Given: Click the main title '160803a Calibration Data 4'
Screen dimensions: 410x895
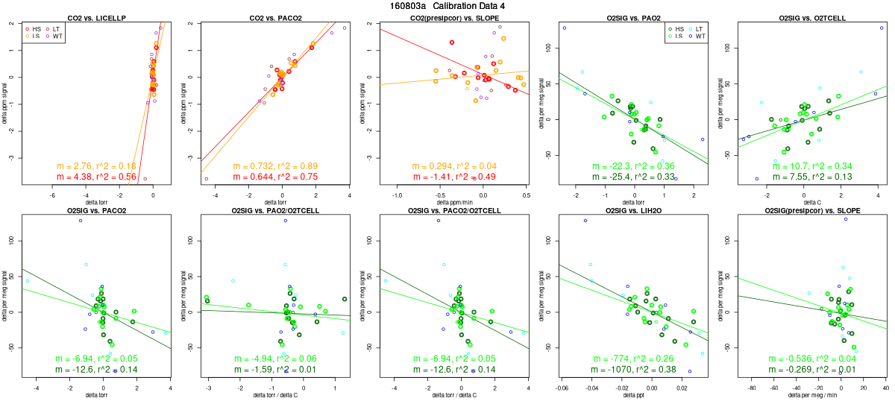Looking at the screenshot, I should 447,5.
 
